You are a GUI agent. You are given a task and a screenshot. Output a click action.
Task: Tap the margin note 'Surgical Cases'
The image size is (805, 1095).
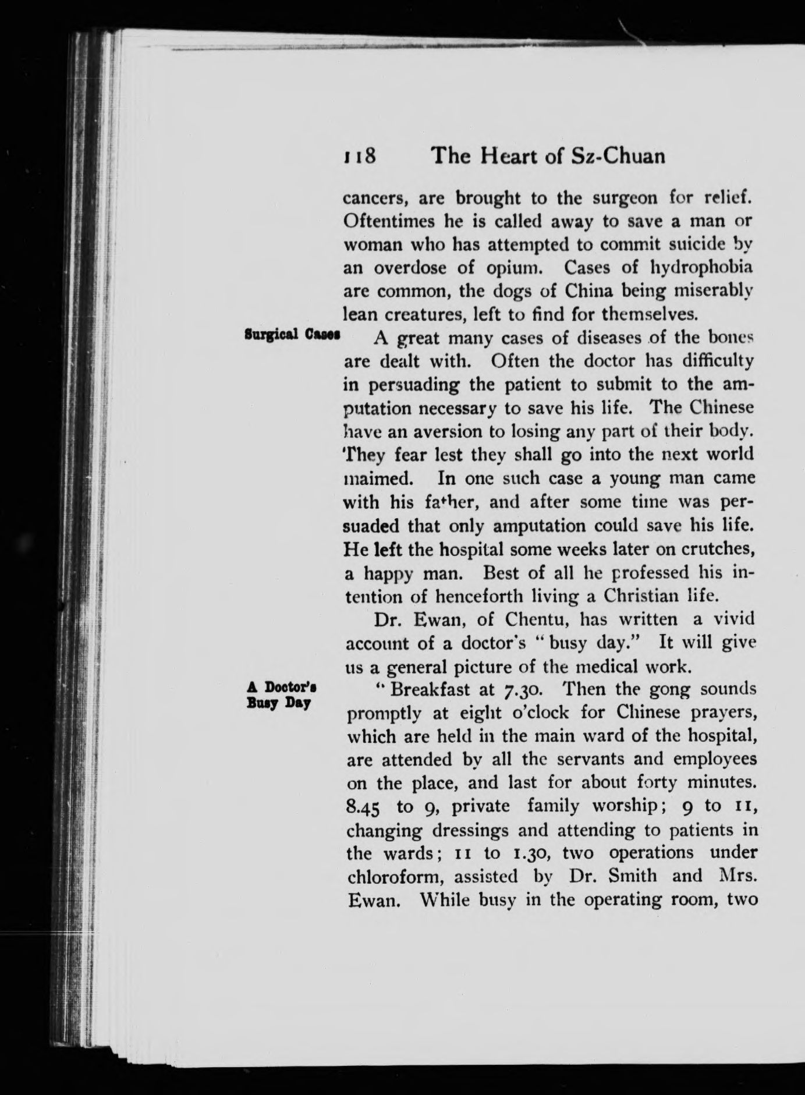coord(292,335)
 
